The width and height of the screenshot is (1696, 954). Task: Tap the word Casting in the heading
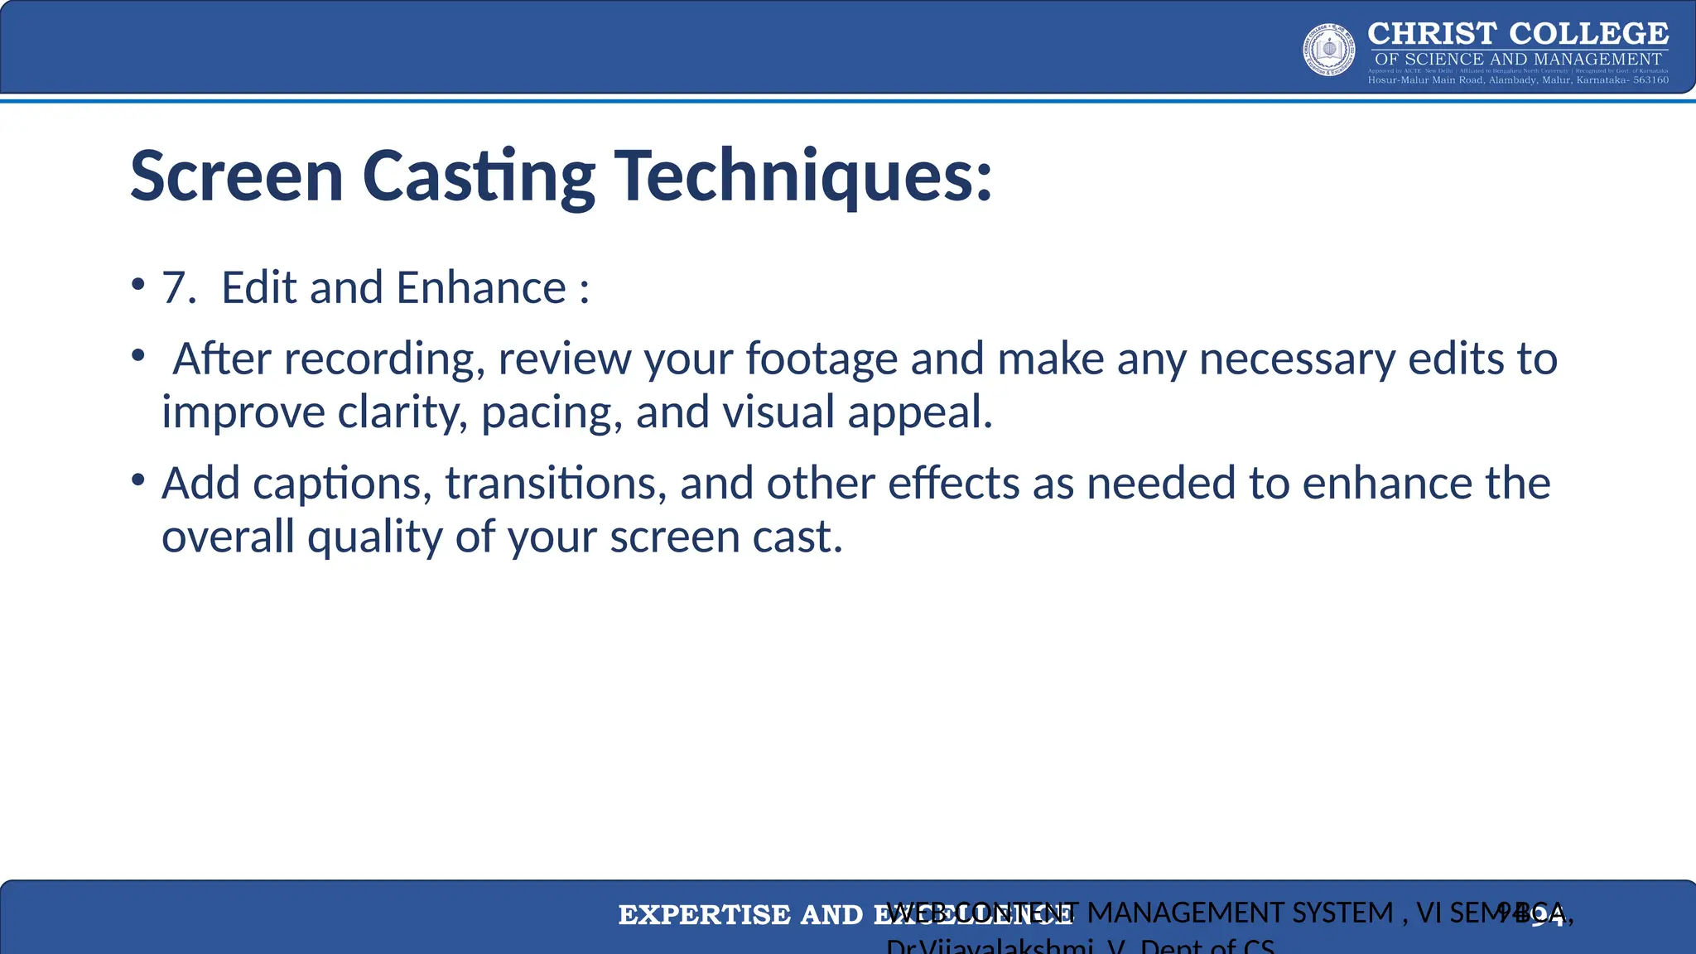(x=478, y=176)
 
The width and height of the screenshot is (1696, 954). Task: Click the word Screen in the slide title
(x=237, y=176)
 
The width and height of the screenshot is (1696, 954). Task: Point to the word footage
(x=821, y=359)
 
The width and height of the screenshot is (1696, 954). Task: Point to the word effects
(x=953, y=484)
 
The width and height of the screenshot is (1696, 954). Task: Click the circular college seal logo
(x=1329, y=50)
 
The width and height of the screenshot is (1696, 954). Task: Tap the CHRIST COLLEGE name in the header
(x=1517, y=34)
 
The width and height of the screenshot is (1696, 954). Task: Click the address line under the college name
(x=1517, y=80)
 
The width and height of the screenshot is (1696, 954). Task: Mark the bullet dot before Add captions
(x=138, y=480)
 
